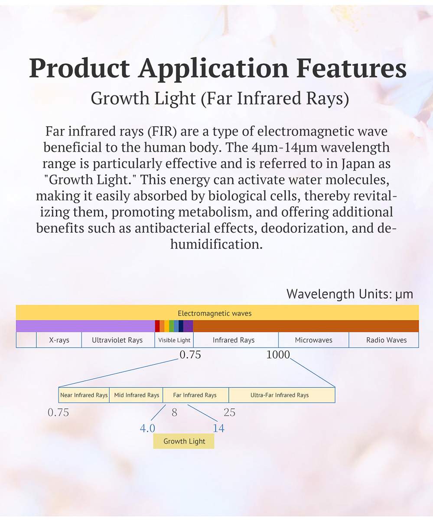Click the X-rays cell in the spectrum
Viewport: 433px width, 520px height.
[59, 340]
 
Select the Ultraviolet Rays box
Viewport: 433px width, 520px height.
[118, 340]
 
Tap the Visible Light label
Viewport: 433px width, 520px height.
[174, 340]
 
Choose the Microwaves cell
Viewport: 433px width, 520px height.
[314, 340]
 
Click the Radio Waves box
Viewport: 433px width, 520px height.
[384, 340]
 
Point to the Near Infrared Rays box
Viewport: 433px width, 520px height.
[84, 395]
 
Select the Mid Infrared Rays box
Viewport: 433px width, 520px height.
[136, 395]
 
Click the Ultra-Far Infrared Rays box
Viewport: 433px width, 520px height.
[282, 395]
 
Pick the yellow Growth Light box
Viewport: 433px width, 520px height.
[184, 441]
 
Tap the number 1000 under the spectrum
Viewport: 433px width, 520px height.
[278, 354]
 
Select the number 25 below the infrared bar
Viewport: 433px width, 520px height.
[229, 413]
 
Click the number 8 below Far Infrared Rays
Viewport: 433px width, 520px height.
[174, 413]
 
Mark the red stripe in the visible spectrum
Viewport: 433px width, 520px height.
[157, 326]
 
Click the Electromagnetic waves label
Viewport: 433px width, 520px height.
[215, 313]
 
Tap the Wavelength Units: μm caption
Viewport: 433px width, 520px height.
[350, 294]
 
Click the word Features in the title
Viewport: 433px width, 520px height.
[351, 68]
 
